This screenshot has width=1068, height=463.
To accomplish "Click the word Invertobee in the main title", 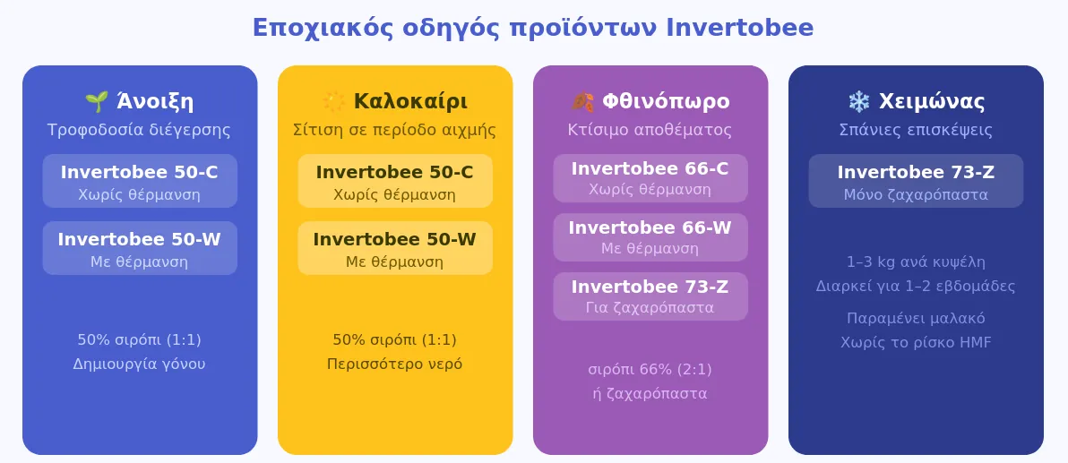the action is click(740, 28).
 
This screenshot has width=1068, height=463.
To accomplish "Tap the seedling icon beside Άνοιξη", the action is click(97, 102).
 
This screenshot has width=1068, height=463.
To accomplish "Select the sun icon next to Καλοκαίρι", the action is click(333, 102).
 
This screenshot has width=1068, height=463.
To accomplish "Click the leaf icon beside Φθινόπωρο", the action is click(582, 102).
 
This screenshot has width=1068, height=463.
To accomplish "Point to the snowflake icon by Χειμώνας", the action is click(858, 102).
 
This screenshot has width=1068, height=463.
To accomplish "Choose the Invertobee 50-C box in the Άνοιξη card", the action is click(140, 181).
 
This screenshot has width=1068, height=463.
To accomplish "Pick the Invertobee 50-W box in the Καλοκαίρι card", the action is click(395, 248).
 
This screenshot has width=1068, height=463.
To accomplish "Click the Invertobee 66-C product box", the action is click(650, 178).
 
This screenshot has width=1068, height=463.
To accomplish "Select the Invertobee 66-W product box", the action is click(650, 237).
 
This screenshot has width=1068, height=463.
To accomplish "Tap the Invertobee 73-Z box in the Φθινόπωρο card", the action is click(650, 296).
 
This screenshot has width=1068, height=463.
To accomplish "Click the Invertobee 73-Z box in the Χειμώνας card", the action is click(916, 181).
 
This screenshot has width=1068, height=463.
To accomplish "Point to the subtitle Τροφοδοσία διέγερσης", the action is click(139, 130).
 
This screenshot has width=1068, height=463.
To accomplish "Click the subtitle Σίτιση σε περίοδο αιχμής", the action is click(394, 130).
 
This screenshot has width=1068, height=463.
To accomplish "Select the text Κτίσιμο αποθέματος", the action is click(650, 130).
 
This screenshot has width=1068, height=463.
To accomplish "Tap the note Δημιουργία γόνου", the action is click(139, 364).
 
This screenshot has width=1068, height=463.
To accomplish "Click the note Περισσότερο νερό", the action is click(394, 364).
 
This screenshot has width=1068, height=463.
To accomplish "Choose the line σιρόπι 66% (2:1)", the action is click(650, 370).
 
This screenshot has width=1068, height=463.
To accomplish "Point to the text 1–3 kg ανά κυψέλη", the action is click(916, 262).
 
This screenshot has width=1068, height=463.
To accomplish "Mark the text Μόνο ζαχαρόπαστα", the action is click(916, 195).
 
